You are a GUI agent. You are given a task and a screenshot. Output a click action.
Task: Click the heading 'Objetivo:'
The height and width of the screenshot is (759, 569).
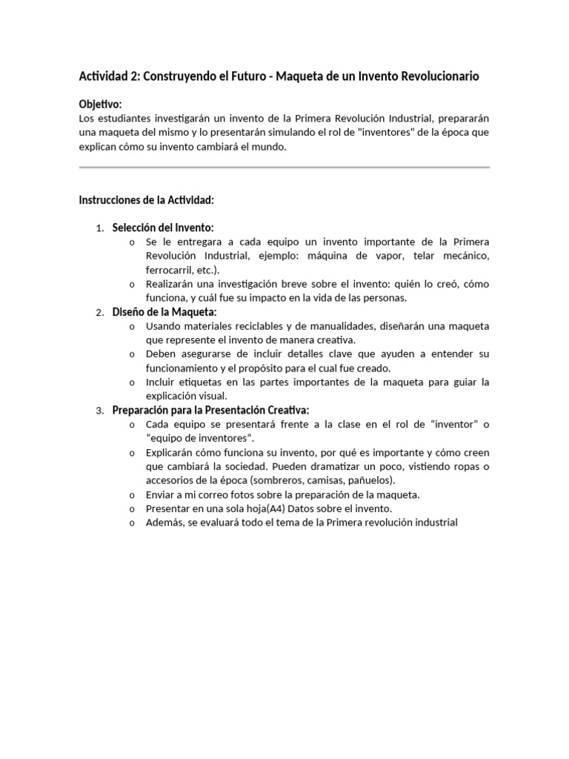[100, 105]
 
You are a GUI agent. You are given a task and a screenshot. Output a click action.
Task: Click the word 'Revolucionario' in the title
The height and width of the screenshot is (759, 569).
[439, 76]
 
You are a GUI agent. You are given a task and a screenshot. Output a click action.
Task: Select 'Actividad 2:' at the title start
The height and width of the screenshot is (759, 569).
[108, 76]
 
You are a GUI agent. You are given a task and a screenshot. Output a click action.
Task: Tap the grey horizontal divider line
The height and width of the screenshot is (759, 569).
[284, 168]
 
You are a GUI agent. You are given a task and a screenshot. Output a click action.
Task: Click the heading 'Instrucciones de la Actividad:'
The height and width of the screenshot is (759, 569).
[147, 200]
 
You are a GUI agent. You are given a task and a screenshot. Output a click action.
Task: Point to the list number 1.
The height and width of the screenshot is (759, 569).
[99, 228]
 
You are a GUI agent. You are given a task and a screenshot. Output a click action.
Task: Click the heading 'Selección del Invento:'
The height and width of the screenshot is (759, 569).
[162, 228]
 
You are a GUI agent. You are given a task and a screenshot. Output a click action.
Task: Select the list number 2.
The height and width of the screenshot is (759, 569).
[99, 313]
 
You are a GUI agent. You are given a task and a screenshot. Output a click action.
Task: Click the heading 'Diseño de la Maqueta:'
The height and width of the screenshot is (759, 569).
[164, 312]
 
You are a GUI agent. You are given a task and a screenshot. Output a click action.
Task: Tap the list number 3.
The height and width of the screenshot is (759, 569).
[99, 411]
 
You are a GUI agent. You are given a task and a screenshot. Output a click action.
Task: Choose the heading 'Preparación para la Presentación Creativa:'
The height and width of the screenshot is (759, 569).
[210, 410]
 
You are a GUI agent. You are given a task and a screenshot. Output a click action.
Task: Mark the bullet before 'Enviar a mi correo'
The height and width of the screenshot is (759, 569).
[131, 494]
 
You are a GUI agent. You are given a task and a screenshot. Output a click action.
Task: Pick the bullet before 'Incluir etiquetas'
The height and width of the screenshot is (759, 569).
[131, 382]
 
